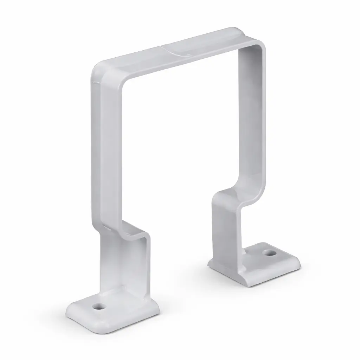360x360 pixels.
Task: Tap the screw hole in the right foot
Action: (269, 252)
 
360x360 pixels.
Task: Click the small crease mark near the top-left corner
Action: (95, 83)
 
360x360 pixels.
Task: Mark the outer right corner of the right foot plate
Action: (299, 264)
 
